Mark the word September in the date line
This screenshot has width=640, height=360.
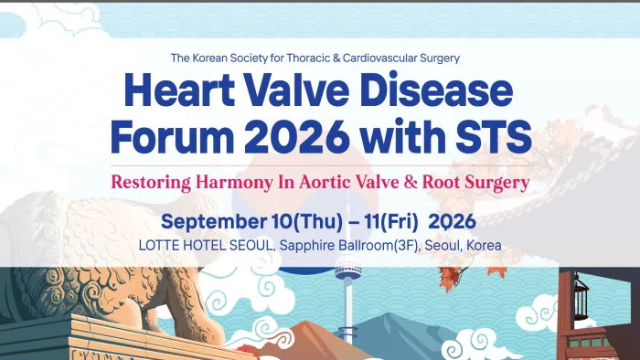(209, 222)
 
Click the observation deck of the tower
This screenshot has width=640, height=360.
(347, 271)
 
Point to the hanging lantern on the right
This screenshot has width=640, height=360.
(578, 294)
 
